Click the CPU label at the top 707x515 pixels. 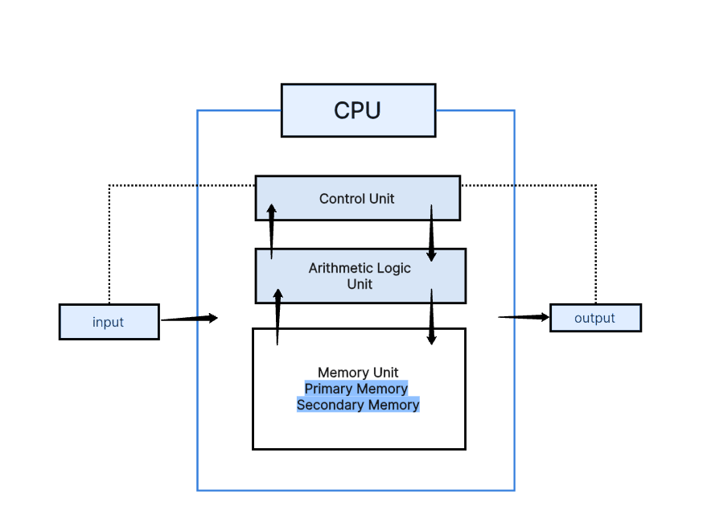[x=357, y=110]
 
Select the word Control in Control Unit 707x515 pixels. [x=338, y=199]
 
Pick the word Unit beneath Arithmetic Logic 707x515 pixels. [x=360, y=284]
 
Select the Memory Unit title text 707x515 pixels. [x=358, y=373]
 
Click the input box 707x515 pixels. [x=109, y=322]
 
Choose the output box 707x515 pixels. [x=595, y=318]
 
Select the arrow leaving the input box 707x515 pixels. [x=189, y=319]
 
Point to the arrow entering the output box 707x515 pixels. [x=523, y=317]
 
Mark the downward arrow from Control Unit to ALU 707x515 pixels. [x=431, y=233]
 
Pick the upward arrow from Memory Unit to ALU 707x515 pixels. [x=278, y=318]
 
